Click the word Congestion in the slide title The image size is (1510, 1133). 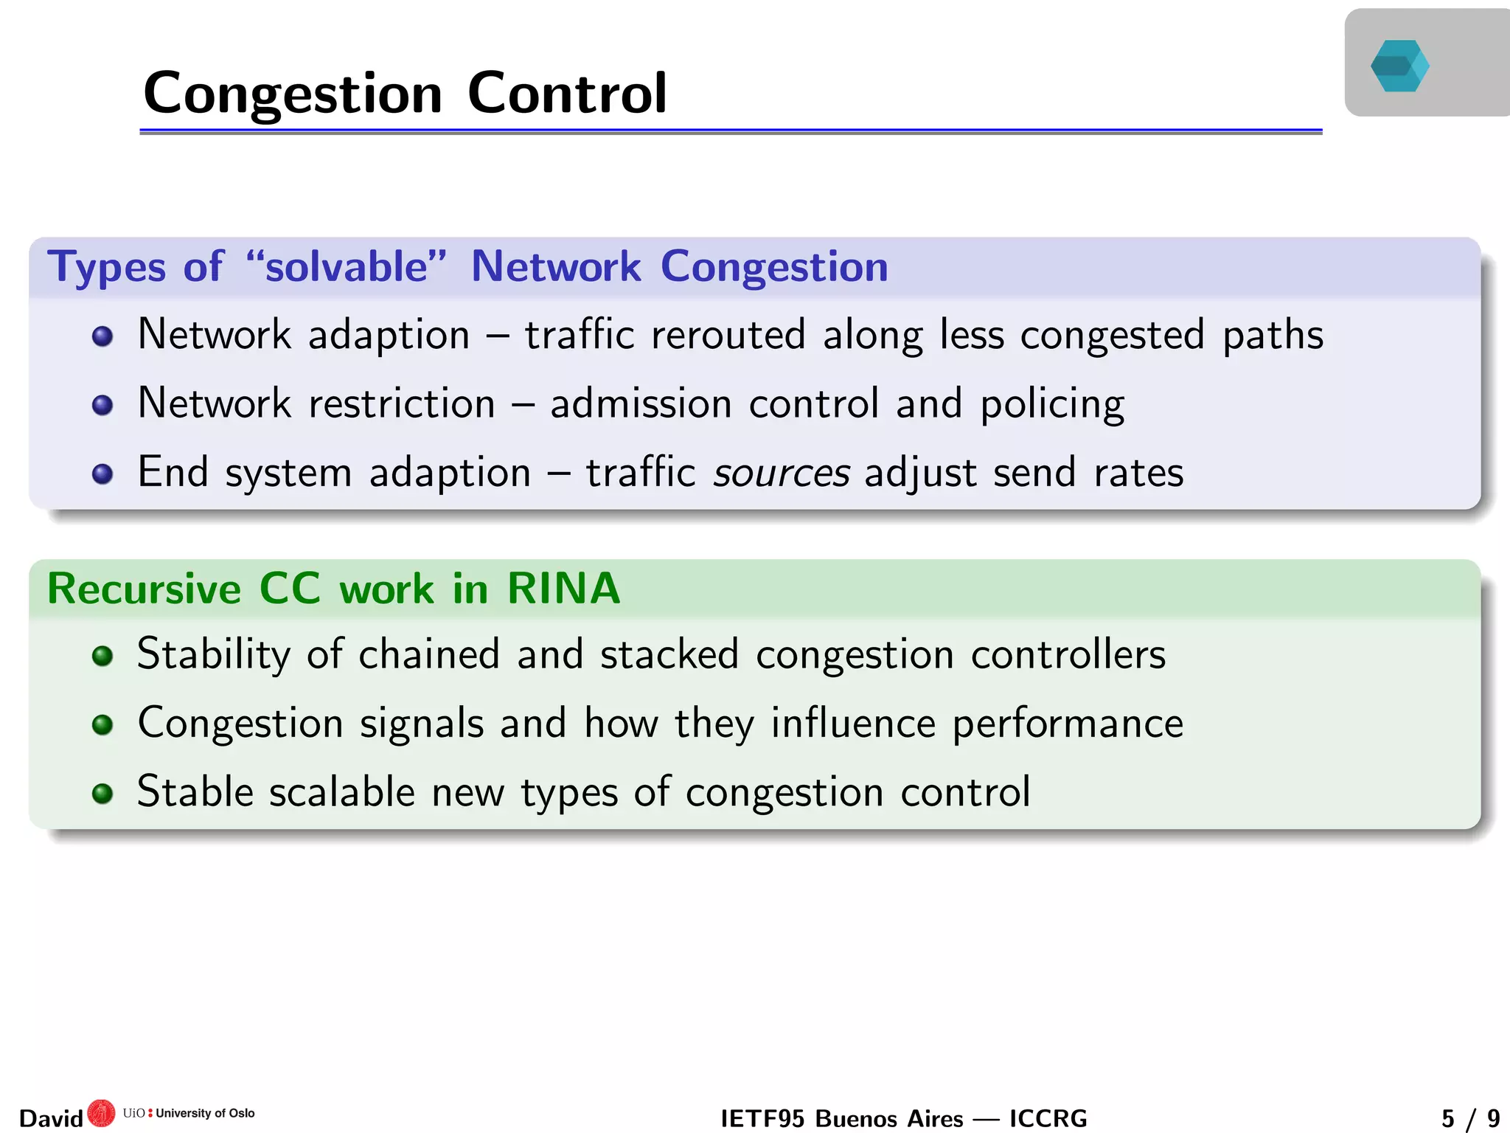click(293, 94)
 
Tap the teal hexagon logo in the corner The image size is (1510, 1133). click(1399, 66)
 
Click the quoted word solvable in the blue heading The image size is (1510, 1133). click(347, 266)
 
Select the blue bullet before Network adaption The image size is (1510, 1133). click(102, 336)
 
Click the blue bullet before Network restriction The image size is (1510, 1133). click(102, 405)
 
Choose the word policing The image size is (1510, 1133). click(1052, 404)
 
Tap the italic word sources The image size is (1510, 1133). click(782, 473)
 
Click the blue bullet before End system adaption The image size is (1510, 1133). click(102, 474)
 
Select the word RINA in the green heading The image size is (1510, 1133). click(563, 589)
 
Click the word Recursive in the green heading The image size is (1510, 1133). click(145, 589)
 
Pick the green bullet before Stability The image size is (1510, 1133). click(102, 655)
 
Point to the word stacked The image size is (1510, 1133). click(669, 654)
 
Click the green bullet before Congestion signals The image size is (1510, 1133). click(102, 724)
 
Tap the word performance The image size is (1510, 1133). click(1068, 724)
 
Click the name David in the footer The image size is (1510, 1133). click(51, 1118)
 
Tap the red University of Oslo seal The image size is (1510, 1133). click(101, 1113)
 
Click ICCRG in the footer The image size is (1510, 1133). click(1048, 1118)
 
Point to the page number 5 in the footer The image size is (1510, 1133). click(1448, 1118)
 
